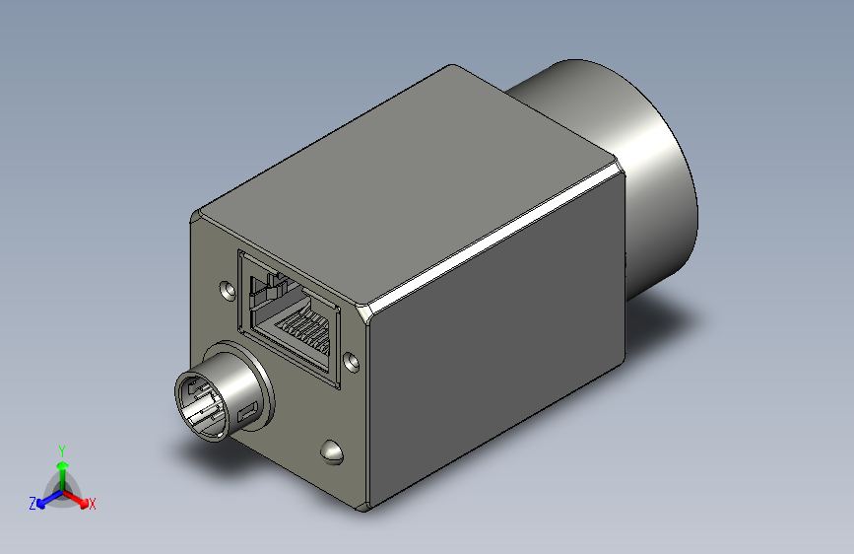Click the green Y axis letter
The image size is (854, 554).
click(x=62, y=450)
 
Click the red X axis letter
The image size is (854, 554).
click(x=93, y=504)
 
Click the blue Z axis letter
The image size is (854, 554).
click(x=33, y=504)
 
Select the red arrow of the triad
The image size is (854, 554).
click(x=78, y=497)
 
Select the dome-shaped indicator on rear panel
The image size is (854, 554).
click(x=332, y=451)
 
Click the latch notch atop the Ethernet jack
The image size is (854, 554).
click(x=264, y=288)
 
